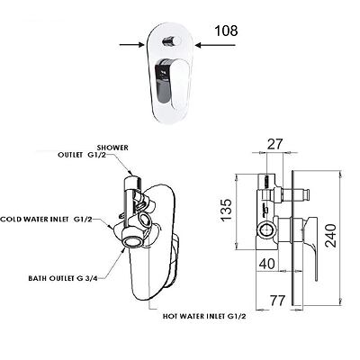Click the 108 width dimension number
coord(226,31)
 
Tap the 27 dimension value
coord(274,144)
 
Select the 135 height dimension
coord(227,210)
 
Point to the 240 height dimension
coord(331,235)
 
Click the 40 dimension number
coord(266,264)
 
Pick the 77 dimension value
coord(276,301)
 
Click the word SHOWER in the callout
coord(112,148)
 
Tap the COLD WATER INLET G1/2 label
coord(46,220)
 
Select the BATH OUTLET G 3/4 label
coord(63,278)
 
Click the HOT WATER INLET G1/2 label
coord(204,316)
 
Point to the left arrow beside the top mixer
coord(131,45)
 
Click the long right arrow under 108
coord(215,45)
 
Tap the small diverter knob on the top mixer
coord(170,40)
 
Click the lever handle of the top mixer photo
coord(171,82)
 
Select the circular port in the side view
coord(266,230)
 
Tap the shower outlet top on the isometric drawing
coord(132,181)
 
